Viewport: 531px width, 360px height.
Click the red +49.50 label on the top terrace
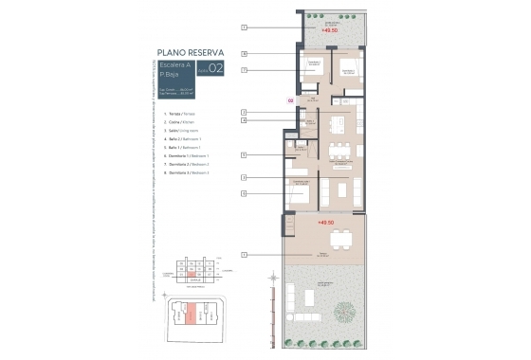330,31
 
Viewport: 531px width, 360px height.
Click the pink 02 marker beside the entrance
290,99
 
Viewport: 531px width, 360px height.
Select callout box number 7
245,71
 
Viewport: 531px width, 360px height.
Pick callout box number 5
245,154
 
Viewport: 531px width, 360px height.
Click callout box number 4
245,121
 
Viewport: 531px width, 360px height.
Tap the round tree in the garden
349,303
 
